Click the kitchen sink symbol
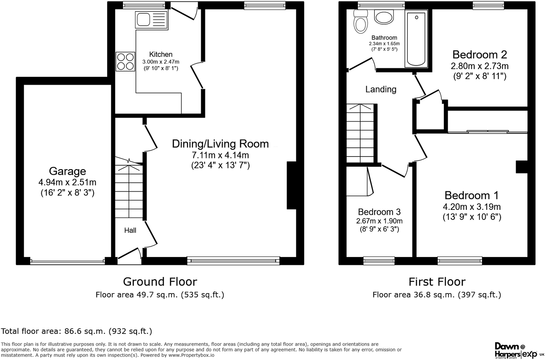[151, 20]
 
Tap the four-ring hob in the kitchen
[125, 61]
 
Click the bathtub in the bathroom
[416, 38]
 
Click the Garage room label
[67, 171]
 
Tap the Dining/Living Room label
[220, 144]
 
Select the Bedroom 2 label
[480, 55]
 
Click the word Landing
[381, 89]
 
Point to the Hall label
[130, 231]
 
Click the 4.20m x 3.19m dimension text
[472, 207]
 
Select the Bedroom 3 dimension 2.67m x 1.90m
[379, 221]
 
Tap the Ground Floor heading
[160, 282]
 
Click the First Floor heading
[437, 282]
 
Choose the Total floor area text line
[77, 331]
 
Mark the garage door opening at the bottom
[68, 262]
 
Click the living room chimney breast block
[292, 185]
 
